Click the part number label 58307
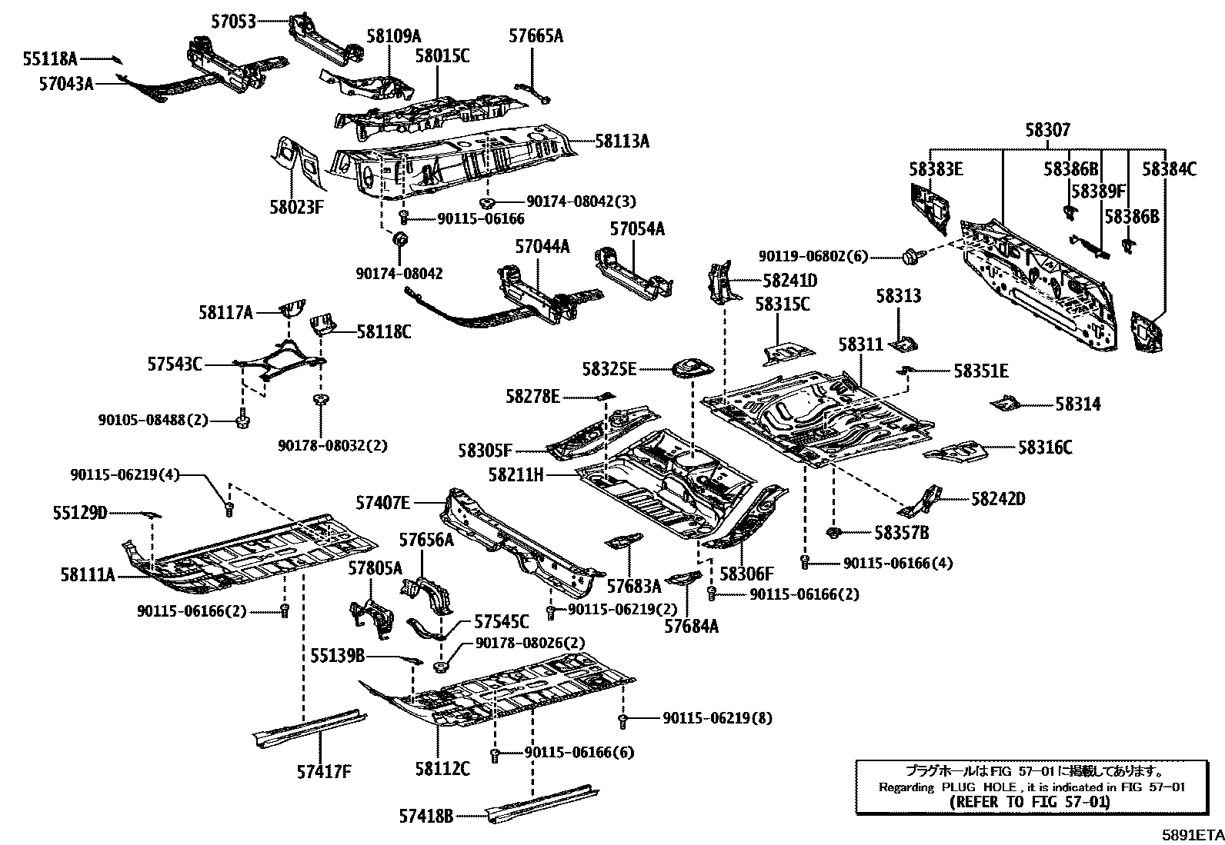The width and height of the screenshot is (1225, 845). (x=1047, y=131)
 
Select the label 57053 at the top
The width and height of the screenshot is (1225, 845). (x=234, y=22)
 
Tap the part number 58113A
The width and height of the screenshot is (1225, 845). (x=622, y=141)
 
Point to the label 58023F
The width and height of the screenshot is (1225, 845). (x=296, y=206)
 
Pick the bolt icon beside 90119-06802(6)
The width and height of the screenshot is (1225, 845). (x=912, y=254)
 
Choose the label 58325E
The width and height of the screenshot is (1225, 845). (x=609, y=370)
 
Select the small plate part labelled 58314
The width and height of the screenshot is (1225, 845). (x=1004, y=402)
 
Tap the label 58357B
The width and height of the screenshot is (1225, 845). (x=901, y=531)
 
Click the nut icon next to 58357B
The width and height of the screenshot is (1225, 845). (x=832, y=531)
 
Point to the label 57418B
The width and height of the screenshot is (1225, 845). (x=426, y=815)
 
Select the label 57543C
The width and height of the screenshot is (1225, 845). (x=175, y=364)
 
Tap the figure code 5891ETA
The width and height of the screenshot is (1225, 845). (x=1192, y=833)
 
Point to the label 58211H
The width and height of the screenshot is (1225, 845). (x=516, y=475)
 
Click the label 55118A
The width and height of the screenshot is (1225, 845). (x=50, y=58)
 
